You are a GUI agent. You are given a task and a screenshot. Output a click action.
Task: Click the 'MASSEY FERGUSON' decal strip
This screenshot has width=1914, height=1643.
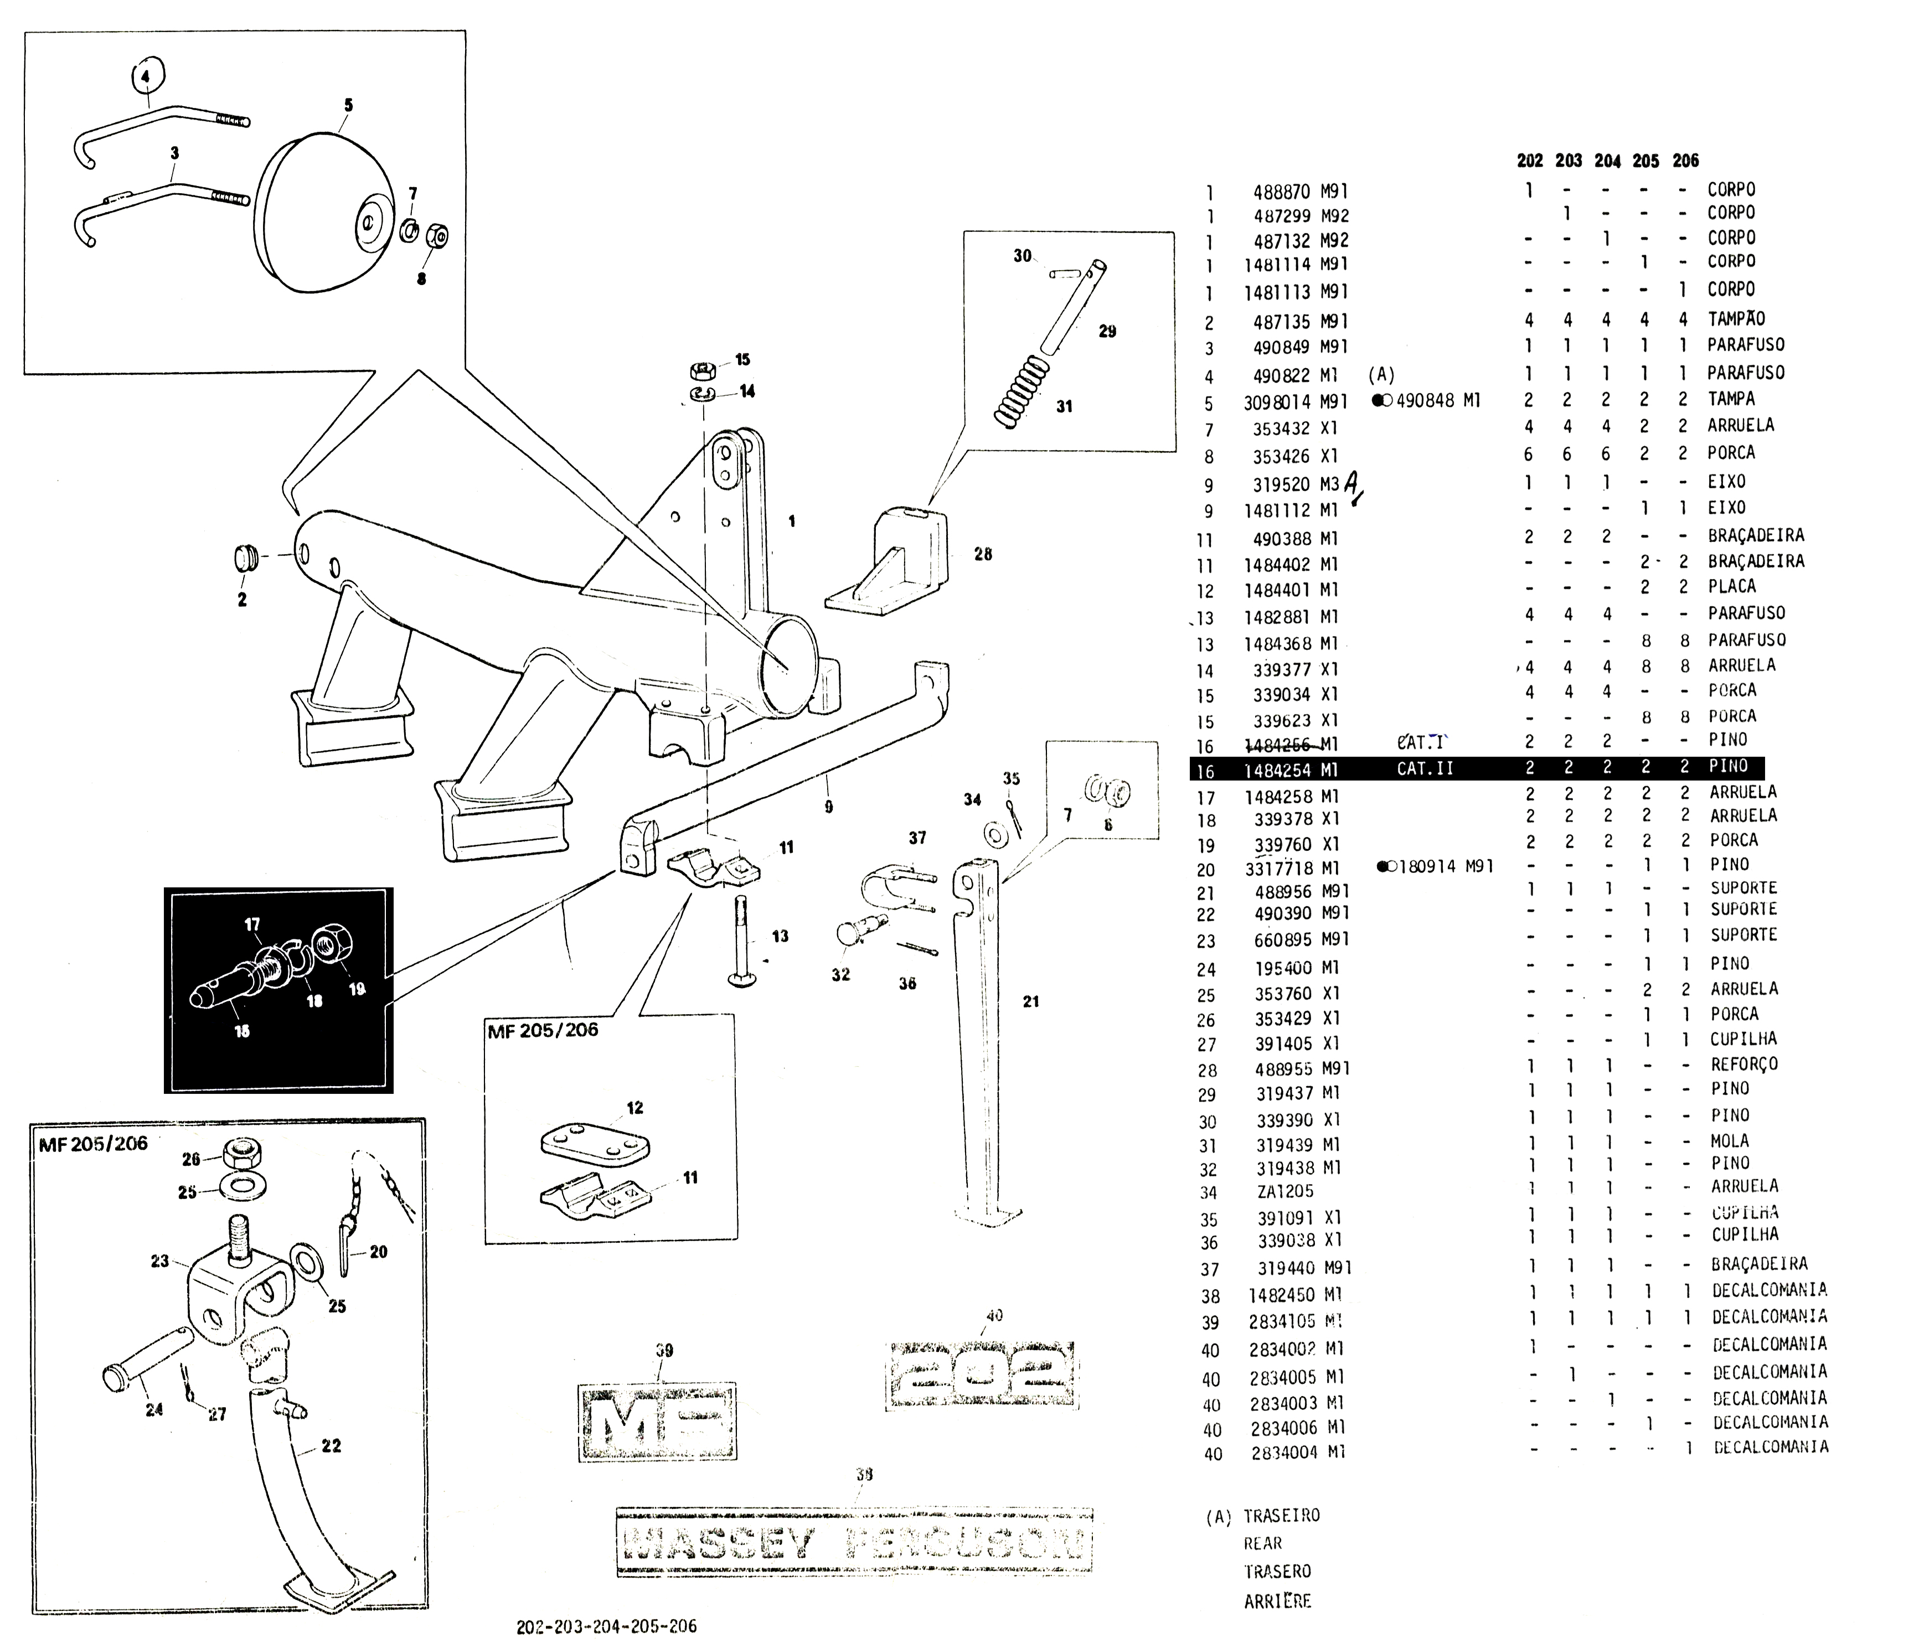point(854,1541)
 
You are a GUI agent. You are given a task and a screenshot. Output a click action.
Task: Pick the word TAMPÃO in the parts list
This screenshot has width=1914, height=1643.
point(1736,319)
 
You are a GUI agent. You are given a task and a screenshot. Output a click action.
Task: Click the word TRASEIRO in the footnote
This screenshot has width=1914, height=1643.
point(1281,1516)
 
